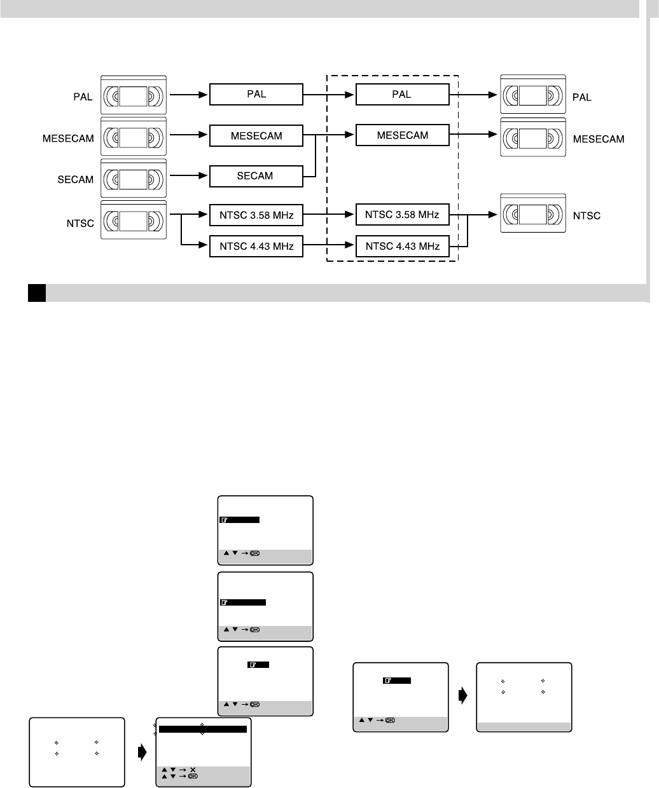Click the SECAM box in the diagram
click(x=256, y=176)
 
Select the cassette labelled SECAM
click(x=134, y=178)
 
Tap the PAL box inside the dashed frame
click(x=402, y=95)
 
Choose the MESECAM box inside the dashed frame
click(x=402, y=135)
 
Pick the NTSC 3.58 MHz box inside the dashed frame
click(x=402, y=215)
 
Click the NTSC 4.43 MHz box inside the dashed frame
click(x=402, y=246)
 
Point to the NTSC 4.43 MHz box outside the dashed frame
click(x=256, y=246)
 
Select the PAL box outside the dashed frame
click(x=256, y=95)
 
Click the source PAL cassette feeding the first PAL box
click(x=134, y=96)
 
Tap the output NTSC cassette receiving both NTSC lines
click(x=532, y=215)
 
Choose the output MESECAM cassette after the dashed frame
click(x=532, y=137)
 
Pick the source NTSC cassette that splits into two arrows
click(x=134, y=220)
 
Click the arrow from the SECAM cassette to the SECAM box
click(x=187, y=176)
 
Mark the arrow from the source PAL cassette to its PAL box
click(x=187, y=95)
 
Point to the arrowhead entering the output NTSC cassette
click(x=493, y=215)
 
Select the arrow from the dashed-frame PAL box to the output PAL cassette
click(x=473, y=95)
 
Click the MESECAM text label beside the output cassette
click(x=599, y=139)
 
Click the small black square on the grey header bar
click(x=36, y=293)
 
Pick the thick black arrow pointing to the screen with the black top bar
click(x=141, y=751)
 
